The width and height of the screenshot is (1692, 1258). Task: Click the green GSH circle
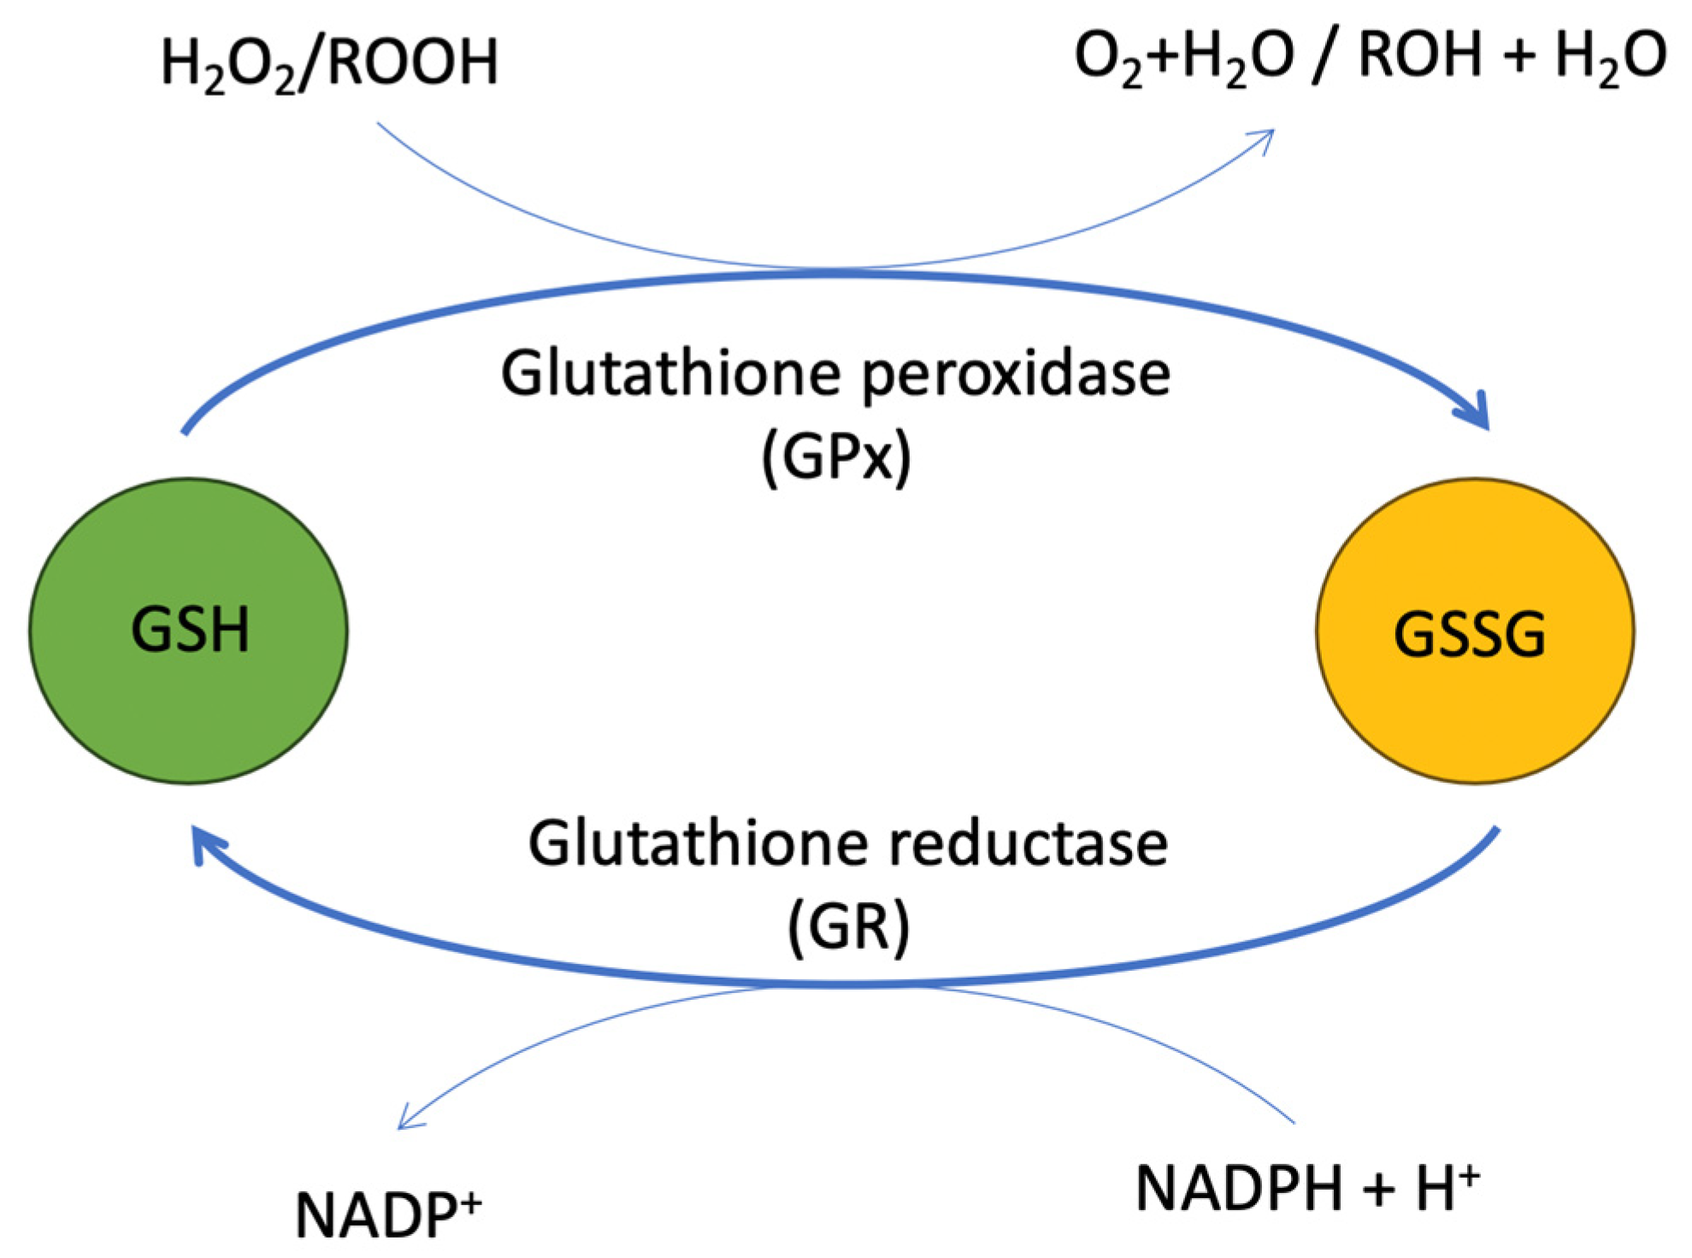(188, 631)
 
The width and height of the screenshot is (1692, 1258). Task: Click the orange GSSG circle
(1474, 631)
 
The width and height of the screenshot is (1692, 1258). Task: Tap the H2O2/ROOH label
(329, 63)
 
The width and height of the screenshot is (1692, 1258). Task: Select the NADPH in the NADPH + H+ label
(1238, 1189)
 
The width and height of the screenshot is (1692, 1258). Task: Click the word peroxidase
(1016, 373)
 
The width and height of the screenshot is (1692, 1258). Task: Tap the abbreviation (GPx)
(836, 457)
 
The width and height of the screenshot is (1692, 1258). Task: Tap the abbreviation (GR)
(847, 926)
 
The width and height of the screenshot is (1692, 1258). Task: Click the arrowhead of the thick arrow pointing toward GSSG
(1477, 414)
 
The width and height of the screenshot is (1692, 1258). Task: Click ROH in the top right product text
(1419, 55)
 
